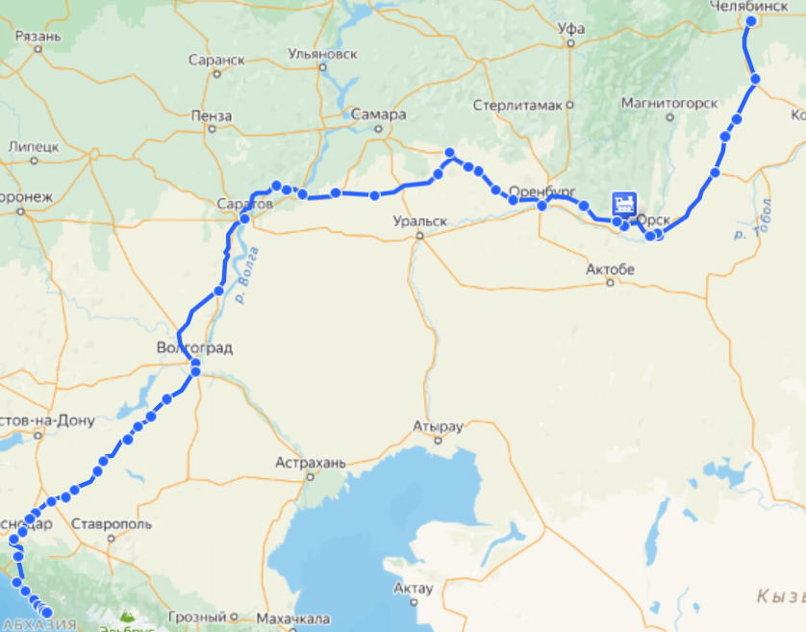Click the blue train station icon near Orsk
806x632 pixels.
[624, 203]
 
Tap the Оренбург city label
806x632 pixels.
[542, 190]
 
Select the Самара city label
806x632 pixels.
[378, 114]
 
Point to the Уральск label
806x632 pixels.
[420, 221]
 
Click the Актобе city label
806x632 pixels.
[611, 270]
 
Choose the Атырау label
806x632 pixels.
[438, 426]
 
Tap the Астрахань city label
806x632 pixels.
[310, 463]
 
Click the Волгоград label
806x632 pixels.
[196, 347]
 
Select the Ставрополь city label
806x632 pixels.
[113, 524]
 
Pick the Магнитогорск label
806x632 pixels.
[669, 103]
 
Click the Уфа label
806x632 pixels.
[571, 29]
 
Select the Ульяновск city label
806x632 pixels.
[315, 55]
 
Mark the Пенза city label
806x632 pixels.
[212, 116]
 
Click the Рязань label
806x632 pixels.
[39, 37]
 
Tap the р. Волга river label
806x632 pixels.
[246, 275]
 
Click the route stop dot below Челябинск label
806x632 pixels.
[751, 20]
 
